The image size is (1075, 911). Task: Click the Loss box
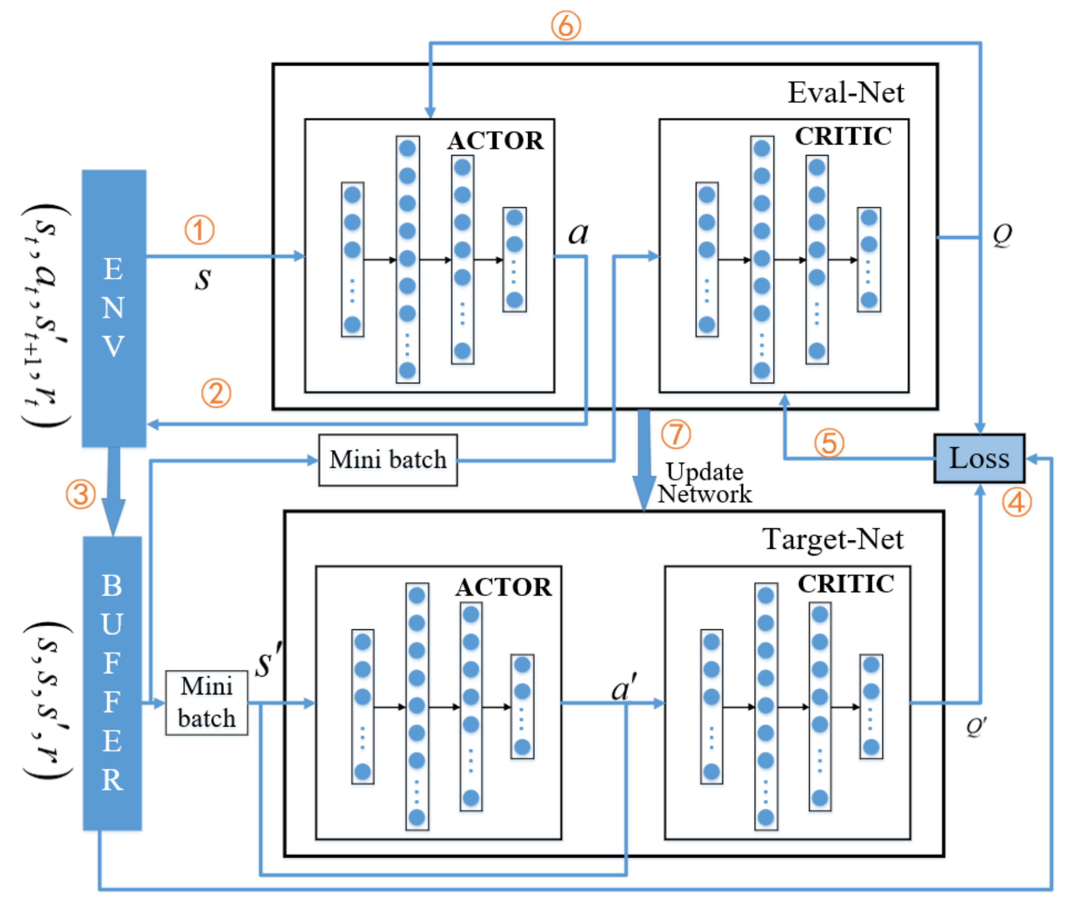point(979,458)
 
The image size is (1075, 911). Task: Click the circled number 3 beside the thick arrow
point(80,494)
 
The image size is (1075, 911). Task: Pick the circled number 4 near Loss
point(1017,502)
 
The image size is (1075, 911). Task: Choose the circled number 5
point(829,443)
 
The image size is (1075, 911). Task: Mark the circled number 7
point(676,434)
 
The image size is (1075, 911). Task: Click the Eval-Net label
point(845,93)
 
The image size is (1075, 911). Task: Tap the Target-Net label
point(832,539)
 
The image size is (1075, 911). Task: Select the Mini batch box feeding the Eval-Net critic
point(388,460)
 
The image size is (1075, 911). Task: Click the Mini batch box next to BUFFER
point(206,702)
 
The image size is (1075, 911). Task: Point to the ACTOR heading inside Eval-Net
point(495,140)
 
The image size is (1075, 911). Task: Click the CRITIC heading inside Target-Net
point(846,584)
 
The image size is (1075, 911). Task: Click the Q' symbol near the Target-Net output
point(976,726)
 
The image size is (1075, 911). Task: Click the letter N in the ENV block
point(113,308)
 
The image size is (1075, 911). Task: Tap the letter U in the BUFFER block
point(112,624)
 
